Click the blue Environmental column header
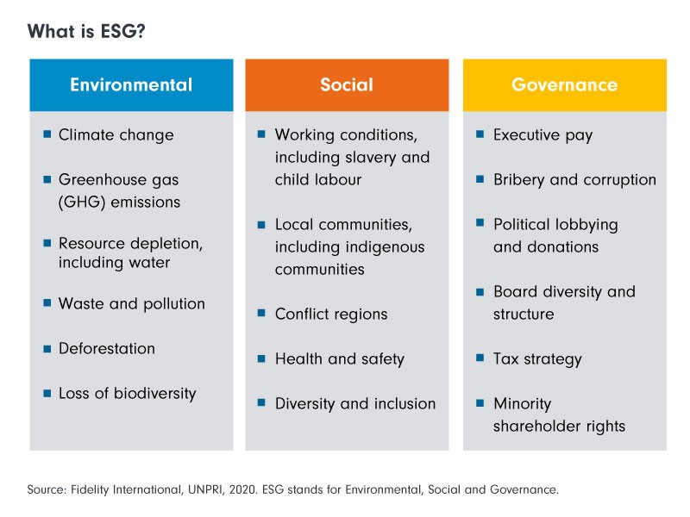(x=131, y=84)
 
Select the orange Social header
(x=347, y=84)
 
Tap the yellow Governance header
(x=565, y=84)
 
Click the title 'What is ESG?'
(x=86, y=31)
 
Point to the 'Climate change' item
(x=116, y=135)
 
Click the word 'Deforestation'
(x=107, y=349)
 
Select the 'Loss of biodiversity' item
(x=127, y=394)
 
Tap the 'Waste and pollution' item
(x=132, y=304)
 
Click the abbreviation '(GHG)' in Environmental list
(x=82, y=202)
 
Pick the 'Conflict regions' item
(x=331, y=315)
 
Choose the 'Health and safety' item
(x=340, y=359)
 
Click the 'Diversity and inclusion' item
(x=355, y=404)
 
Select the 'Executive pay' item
(x=543, y=135)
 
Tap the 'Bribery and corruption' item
(x=574, y=180)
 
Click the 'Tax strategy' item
(x=537, y=359)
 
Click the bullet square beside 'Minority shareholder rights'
(x=480, y=402)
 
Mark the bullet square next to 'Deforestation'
(x=47, y=349)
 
